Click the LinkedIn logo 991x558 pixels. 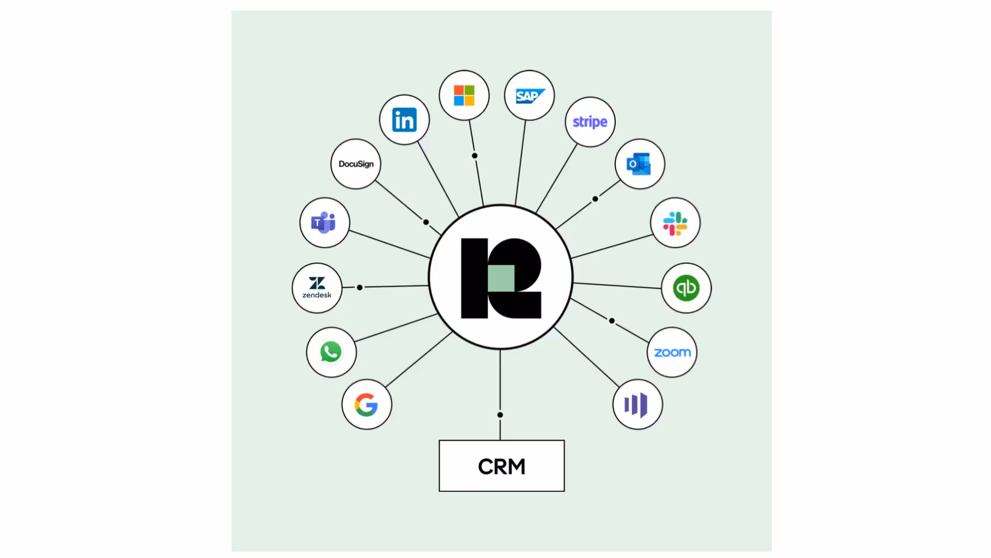(x=404, y=120)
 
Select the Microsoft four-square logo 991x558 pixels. (x=464, y=96)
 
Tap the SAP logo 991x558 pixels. (x=530, y=96)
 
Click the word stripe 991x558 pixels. (x=590, y=122)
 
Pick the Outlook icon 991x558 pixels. (x=639, y=164)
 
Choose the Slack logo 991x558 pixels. (x=675, y=223)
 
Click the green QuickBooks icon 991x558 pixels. (x=686, y=288)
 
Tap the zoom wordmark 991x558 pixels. (x=672, y=352)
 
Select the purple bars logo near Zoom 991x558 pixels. (x=636, y=405)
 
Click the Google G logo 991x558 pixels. (x=366, y=405)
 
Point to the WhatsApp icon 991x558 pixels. (x=331, y=352)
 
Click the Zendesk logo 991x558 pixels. (x=317, y=288)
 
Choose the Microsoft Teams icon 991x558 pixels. (x=324, y=223)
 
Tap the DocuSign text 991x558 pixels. (x=356, y=164)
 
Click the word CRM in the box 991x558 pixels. (x=502, y=467)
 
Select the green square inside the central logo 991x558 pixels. (x=501, y=278)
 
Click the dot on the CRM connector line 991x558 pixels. (x=500, y=415)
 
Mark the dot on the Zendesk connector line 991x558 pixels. (x=360, y=287)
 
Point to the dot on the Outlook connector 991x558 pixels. (x=595, y=199)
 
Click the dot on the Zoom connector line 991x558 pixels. (x=612, y=321)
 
